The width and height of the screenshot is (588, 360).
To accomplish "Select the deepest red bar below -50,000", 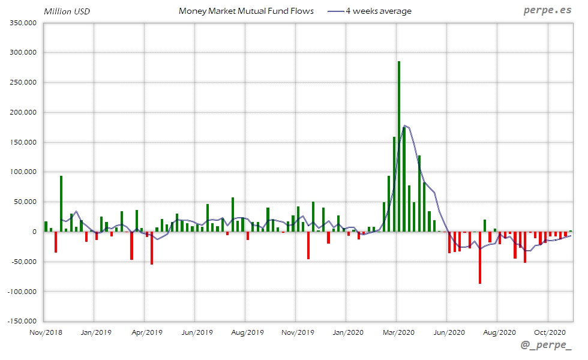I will coord(480,257).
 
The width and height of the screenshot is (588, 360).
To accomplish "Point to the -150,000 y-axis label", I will coord(22,321).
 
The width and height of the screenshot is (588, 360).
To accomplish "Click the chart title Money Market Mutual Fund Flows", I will coord(246,11).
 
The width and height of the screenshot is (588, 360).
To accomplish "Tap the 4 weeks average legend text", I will coord(379,11).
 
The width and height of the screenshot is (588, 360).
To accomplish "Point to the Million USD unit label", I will coord(67,11).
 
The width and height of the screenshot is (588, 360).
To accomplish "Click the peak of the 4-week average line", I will coord(406,125).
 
